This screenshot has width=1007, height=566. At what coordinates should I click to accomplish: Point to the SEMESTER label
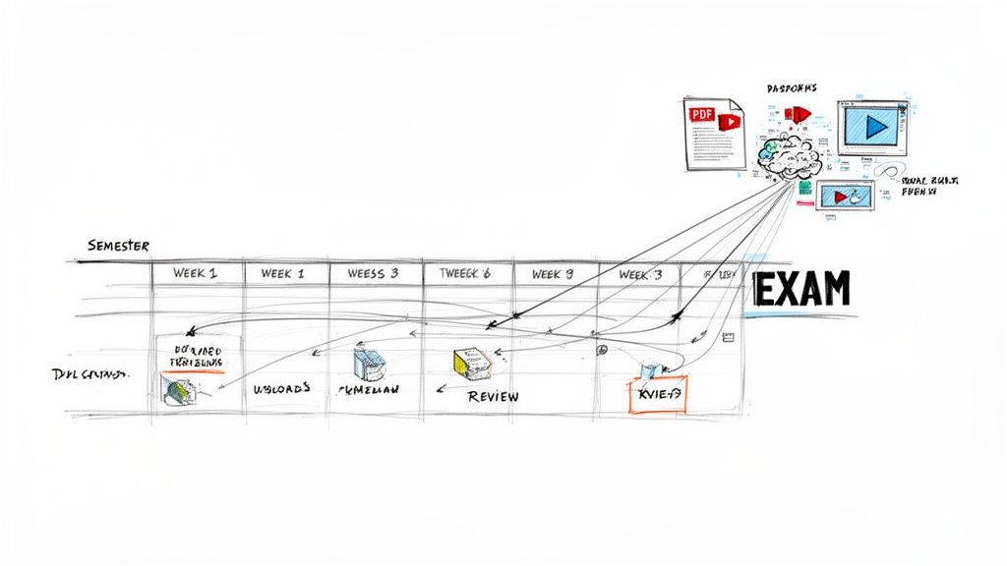tap(117, 246)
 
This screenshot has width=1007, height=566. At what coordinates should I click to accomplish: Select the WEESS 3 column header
tap(375, 273)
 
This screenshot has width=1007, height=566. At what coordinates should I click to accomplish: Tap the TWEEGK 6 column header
tap(465, 274)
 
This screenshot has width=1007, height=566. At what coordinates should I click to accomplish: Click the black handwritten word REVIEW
tap(493, 396)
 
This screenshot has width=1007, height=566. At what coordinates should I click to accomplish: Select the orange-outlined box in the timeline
tap(658, 393)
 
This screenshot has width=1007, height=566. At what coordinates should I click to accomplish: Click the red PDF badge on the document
tap(701, 114)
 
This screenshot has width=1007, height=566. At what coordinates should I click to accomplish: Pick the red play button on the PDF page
tap(729, 122)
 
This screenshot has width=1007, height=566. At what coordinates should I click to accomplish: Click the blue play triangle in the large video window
tap(874, 126)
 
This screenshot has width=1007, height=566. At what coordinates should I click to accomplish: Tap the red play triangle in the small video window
tap(841, 197)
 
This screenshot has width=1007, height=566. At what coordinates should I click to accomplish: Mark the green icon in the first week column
tap(178, 390)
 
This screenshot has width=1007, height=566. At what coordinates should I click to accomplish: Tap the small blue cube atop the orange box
tap(649, 370)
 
